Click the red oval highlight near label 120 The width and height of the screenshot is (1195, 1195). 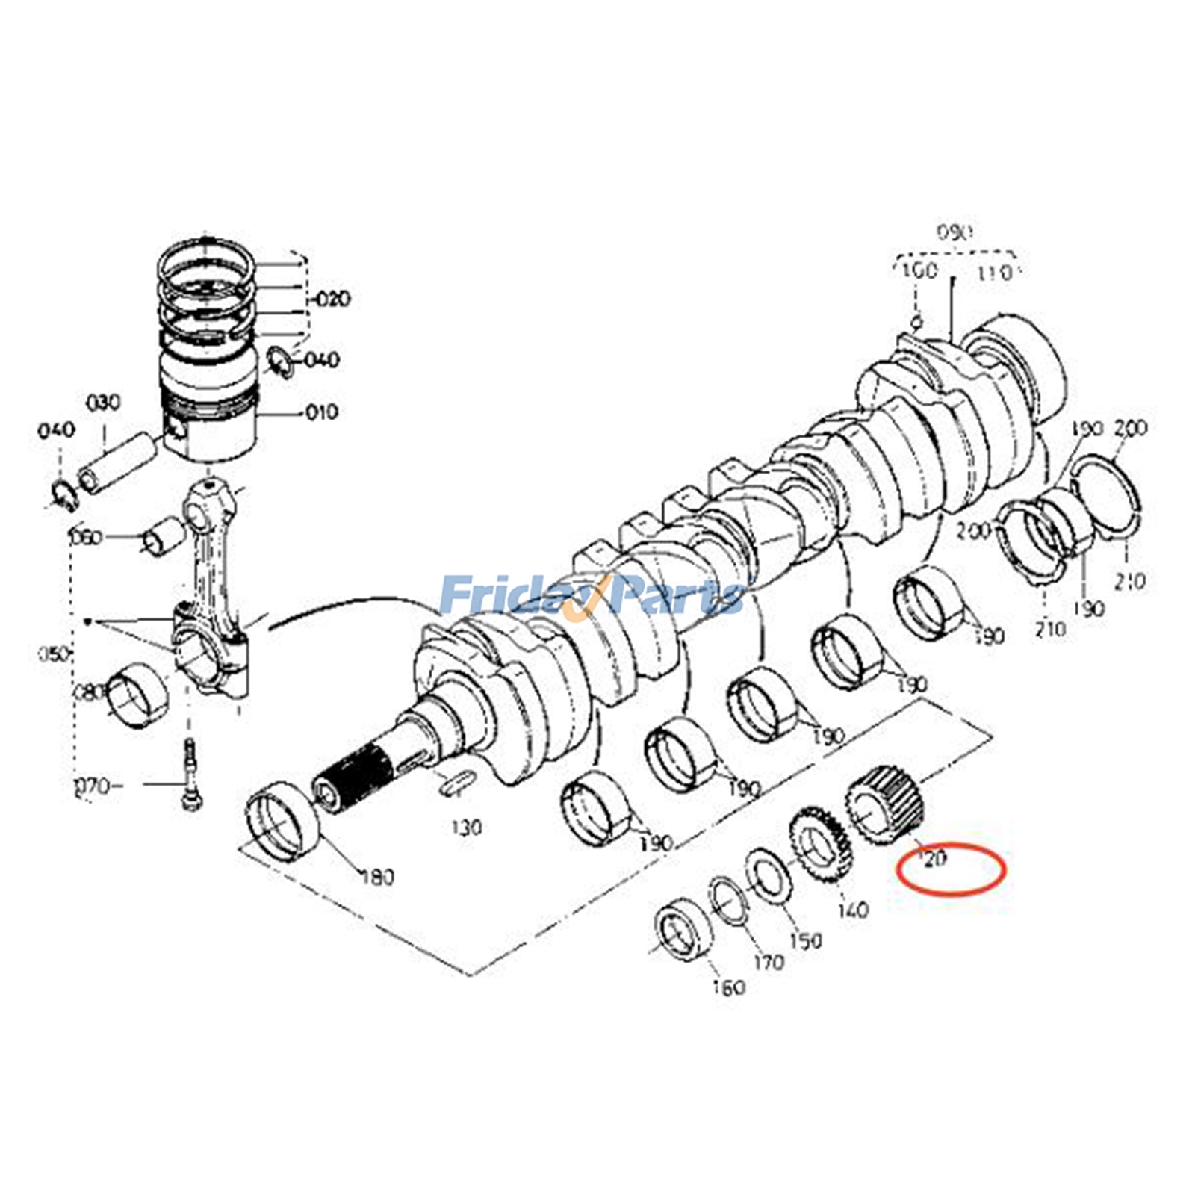click(x=952, y=869)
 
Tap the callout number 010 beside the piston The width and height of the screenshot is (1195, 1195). click(x=322, y=412)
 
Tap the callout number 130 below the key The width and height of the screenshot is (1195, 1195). click(x=466, y=827)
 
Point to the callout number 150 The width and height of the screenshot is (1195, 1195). click(x=805, y=940)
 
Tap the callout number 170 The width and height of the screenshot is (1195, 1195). click(x=769, y=962)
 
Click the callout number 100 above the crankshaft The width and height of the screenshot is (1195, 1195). click(x=919, y=270)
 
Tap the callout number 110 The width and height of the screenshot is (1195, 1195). click(x=995, y=273)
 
